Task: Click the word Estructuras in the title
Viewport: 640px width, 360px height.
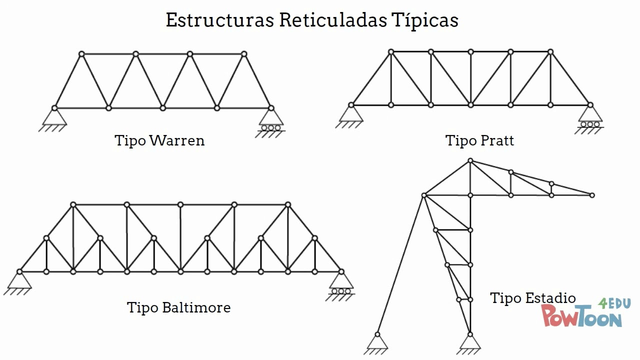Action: pos(219,20)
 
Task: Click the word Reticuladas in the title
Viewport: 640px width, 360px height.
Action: pos(332,20)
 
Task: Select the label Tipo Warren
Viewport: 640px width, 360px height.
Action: pos(159,140)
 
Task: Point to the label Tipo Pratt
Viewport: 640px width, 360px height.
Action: pos(479,140)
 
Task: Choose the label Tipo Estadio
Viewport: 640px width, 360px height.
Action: pos(532,298)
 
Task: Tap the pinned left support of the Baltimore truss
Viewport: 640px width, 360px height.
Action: pos(19,281)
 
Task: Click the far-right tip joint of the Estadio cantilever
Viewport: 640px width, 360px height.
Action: pos(592,195)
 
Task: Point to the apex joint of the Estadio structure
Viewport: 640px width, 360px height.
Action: pos(470,160)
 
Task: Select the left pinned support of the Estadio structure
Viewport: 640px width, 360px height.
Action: pos(377,342)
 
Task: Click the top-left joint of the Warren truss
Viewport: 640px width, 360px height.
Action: pos(81,53)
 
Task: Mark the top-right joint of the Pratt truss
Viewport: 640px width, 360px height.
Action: pos(550,51)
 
